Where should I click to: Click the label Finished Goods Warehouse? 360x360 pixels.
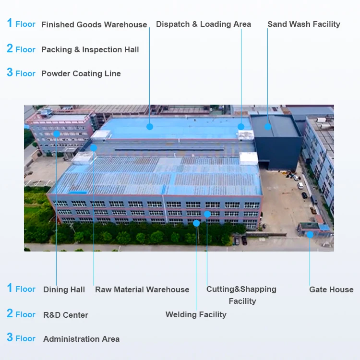pyautogui.click(x=94, y=24)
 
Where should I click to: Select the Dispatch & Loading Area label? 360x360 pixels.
pyautogui.click(x=204, y=24)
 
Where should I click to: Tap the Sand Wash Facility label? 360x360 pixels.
pyautogui.click(x=304, y=24)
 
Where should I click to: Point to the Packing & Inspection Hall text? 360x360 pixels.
pyautogui.click(x=90, y=49)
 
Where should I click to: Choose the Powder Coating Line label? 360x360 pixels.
pyautogui.click(x=81, y=73)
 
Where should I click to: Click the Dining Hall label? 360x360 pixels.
pyautogui.click(x=64, y=289)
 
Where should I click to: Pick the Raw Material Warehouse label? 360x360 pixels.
pyautogui.click(x=142, y=289)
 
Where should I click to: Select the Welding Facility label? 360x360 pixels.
pyautogui.click(x=196, y=314)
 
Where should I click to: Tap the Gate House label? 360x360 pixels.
pyautogui.click(x=331, y=289)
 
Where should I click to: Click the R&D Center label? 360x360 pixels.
pyautogui.click(x=66, y=315)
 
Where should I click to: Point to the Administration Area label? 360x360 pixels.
pyautogui.click(x=81, y=339)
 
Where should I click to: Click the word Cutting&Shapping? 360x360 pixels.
pyautogui.click(x=241, y=289)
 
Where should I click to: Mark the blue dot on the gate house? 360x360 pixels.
pyautogui.click(x=310, y=235)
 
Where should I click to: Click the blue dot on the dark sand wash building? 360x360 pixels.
pyautogui.click(x=268, y=127)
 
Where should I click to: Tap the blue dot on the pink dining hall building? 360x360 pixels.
pyautogui.click(x=57, y=134)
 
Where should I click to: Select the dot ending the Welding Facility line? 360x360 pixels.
pyautogui.click(x=196, y=223)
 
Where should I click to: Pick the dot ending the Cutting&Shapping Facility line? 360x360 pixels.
pyautogui.click(x=207, y=214)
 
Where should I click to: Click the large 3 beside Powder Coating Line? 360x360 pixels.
pyautogui.click(x=10, y=72)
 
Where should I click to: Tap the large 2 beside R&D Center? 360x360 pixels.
pyautogui.click(x=10, y=313)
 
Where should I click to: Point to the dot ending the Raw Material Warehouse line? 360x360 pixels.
pyautogui.click(x=94, y=148)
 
